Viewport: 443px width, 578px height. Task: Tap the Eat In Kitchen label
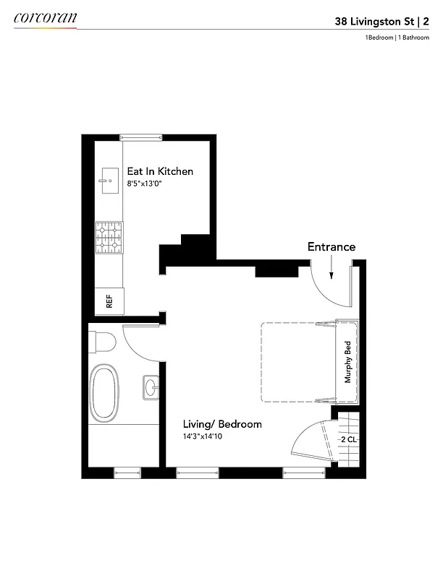click(160, 171)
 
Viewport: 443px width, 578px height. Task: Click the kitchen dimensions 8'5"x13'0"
click(150, 184)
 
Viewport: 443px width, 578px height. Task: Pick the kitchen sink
click(110, 181)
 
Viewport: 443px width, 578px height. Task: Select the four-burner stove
click(109, 238)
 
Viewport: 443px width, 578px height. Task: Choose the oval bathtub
click(104, 394)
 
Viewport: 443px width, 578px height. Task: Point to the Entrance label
click(332, 246)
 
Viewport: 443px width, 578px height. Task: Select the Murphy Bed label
click(348, 361)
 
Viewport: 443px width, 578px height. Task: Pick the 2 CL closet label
click(348, 439)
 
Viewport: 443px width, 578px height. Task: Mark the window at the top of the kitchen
click(140, 137)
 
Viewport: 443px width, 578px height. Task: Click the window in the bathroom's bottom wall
click(127, 473)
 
